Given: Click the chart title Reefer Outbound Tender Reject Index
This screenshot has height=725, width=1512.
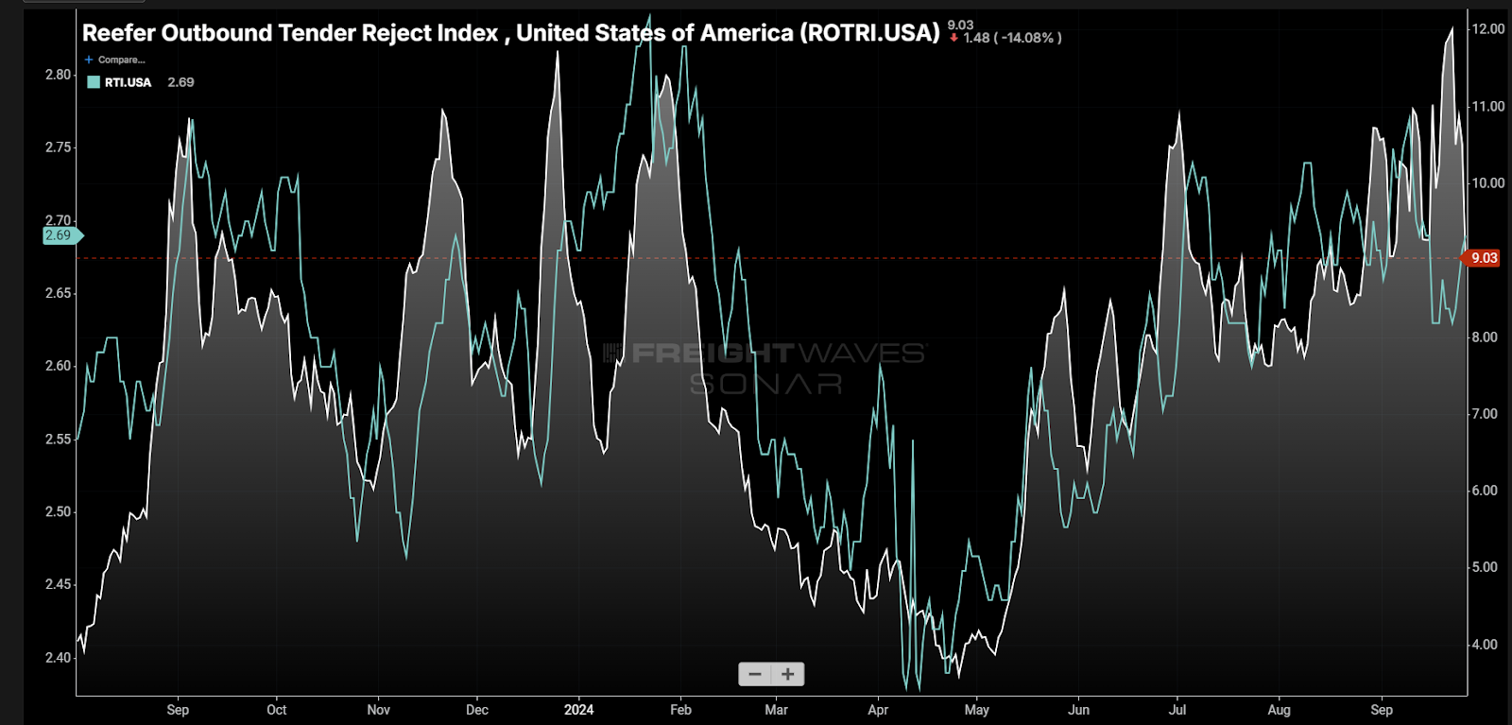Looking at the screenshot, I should click(510, 33).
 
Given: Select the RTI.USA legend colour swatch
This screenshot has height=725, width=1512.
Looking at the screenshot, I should click(94, 82).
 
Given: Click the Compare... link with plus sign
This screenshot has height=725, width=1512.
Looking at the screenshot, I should click(115, 60).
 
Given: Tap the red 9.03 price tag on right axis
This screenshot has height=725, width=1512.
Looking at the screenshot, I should click(1484, 258).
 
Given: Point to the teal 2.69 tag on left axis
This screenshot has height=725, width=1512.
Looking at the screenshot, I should click(59, 235).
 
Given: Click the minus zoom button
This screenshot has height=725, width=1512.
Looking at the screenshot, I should click(754, 674).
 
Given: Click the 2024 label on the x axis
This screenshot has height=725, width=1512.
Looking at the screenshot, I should click(578, 710).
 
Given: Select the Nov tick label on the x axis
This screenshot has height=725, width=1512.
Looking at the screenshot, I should click(378, 710).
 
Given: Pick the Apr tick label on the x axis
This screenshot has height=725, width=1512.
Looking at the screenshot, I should click(878, 710).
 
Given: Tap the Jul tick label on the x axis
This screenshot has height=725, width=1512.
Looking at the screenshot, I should click(1177, 710).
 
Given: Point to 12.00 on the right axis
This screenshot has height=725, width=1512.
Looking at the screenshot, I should click(1487, 29).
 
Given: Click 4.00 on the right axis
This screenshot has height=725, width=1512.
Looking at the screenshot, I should click(1485, 645).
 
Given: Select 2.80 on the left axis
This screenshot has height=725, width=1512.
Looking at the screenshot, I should click(59, 75).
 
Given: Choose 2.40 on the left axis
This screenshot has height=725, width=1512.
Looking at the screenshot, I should click(59, 658).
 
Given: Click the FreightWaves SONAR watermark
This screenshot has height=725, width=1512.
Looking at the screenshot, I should click(765, 367).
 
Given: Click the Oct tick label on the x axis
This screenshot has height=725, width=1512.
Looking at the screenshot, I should click(276, 710).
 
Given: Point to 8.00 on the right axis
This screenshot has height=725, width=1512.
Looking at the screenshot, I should click(1485, 337).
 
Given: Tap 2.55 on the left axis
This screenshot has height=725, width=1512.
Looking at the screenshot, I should click(59, 440).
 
